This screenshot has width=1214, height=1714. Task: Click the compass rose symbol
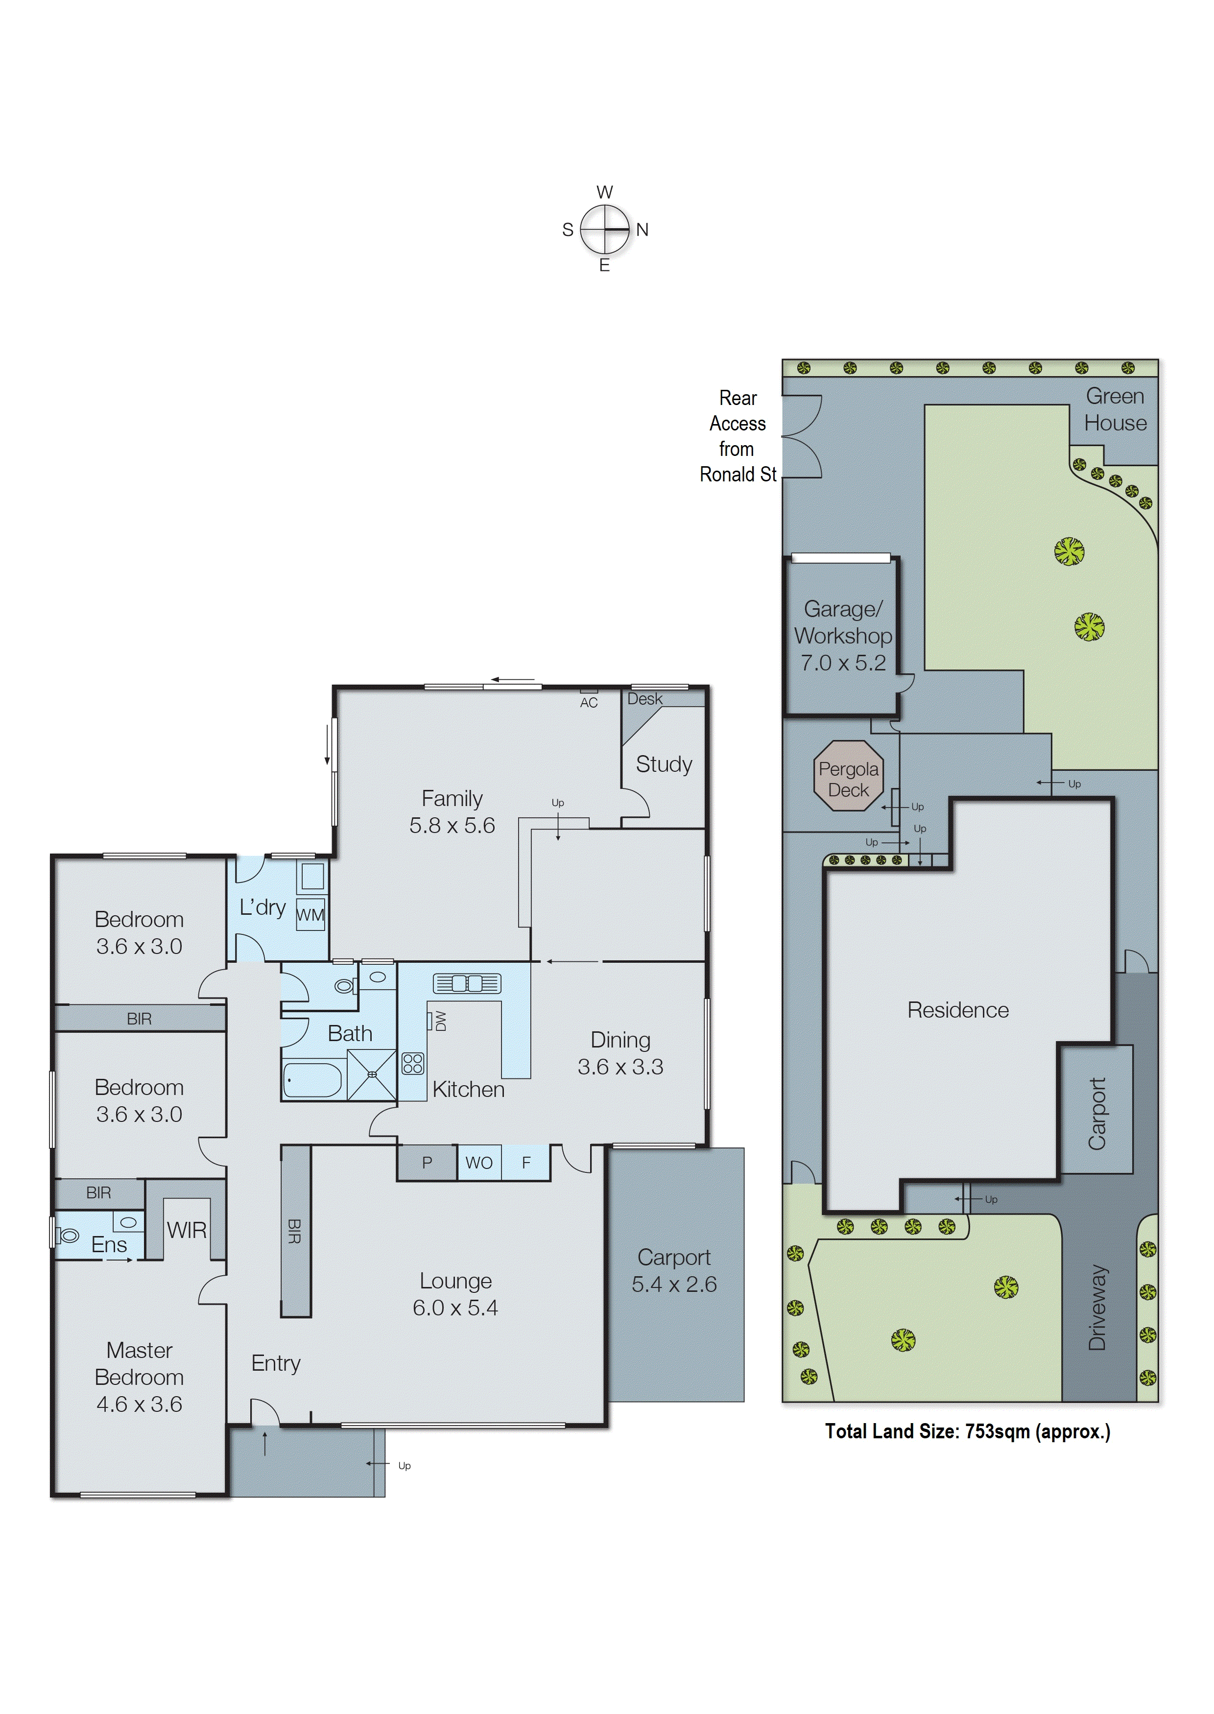[x=605, y=229]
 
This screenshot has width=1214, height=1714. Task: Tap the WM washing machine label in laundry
[x=310, y=915]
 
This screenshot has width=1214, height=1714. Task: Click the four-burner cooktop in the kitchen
[x=413, y=1063]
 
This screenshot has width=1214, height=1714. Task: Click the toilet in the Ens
[x=68, y=1236]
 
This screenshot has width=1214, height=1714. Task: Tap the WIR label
[x=186, y=1230]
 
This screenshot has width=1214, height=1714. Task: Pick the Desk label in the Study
[x=644, y=699]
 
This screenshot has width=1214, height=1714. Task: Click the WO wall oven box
[x=478, y=1163]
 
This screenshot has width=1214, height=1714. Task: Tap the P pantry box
[x=427, y=1163]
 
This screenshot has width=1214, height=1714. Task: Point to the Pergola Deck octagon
[x=849, y=775]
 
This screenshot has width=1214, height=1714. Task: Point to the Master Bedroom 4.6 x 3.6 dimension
[x=139, y=1404]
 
